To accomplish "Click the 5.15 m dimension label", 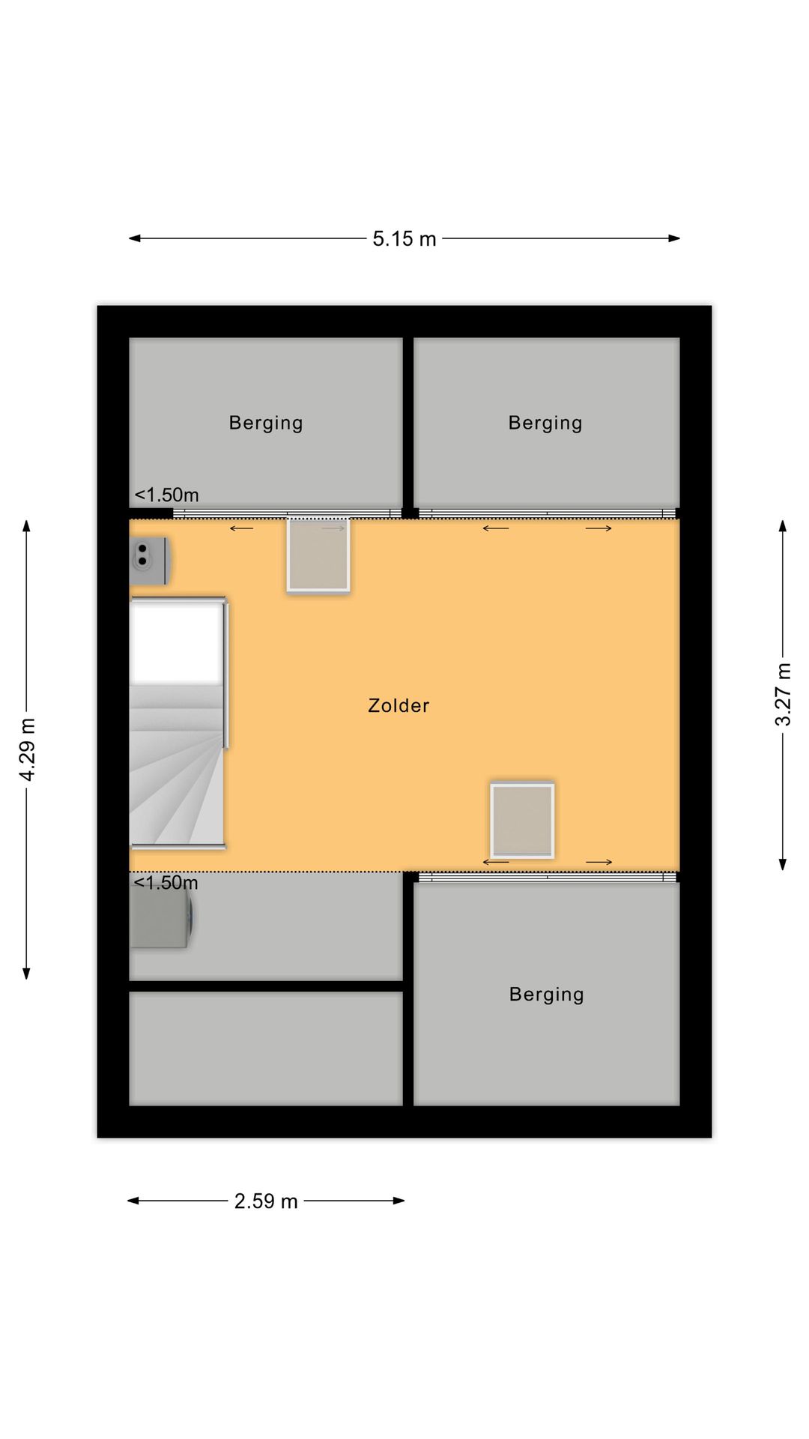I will (404, 239).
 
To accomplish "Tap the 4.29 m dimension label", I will (27, 749).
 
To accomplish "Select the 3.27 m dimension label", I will (783, 695).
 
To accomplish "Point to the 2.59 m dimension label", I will (266, 1201).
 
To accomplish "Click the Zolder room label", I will (399, 706).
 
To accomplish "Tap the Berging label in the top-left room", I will (266, 423).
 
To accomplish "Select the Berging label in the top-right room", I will (545, 423).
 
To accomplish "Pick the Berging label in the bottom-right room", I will (546, 995).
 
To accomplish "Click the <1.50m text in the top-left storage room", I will (166, 495).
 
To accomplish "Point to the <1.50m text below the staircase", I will (166, 883).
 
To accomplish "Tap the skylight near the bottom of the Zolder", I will (522, 820).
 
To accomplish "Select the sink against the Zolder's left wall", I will (148, 560).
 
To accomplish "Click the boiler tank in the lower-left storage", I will (161, 917).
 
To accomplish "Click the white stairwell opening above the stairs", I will (176, 643).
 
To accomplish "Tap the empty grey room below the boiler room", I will (266, 1049).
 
